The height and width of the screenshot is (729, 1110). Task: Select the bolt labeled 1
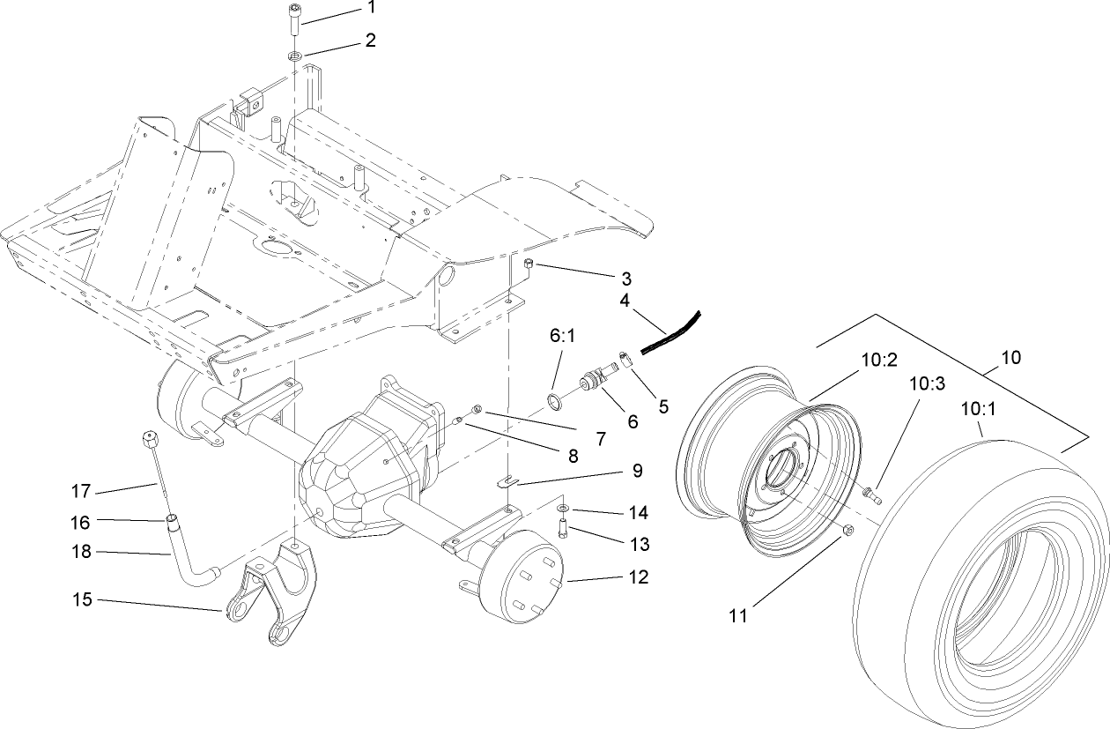294,22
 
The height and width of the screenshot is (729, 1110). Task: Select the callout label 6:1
560,338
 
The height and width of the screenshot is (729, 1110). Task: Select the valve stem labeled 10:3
873,493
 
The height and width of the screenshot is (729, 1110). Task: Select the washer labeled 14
563,510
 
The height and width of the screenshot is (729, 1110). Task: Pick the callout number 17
81,489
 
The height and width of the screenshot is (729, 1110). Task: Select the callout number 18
81,554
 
